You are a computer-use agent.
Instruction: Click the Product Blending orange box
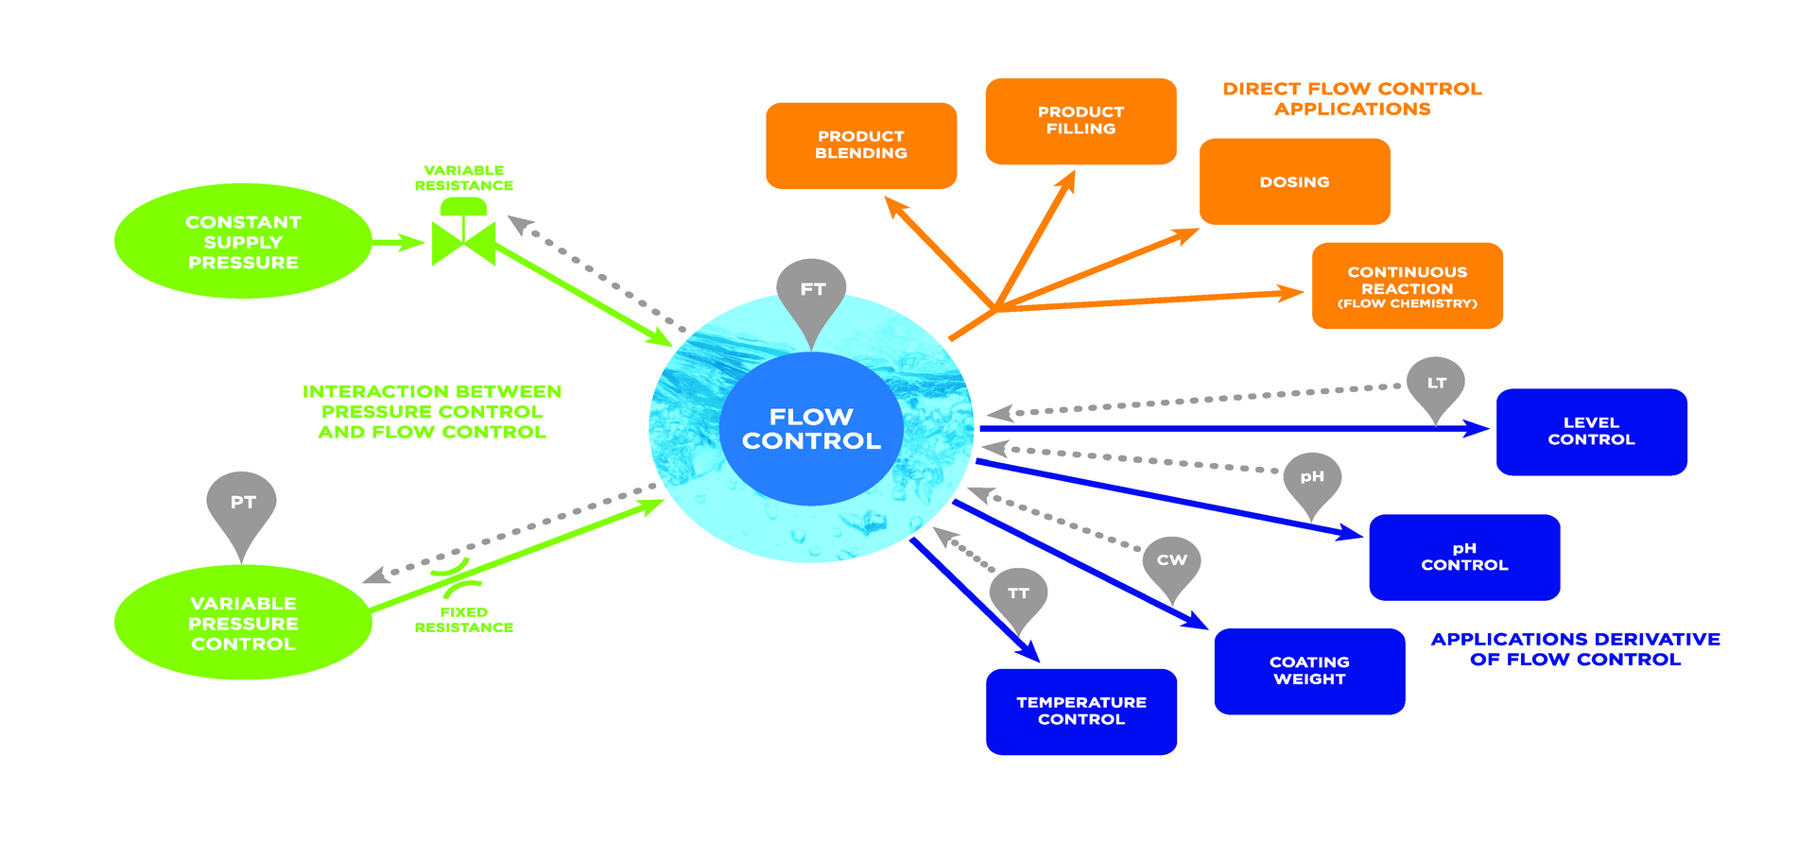(861, 146)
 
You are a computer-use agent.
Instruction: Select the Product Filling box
(1080, 121)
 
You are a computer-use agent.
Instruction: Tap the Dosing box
(1294, 181)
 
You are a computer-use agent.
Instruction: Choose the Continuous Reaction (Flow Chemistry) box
(1407, 285)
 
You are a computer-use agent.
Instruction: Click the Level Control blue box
(1591, 432)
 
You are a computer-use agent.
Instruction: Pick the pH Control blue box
(1464, 557)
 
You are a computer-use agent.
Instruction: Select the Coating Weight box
(1309, 671)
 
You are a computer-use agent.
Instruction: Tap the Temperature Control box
(1080, 712)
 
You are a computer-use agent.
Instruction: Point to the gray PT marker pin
(242, 505)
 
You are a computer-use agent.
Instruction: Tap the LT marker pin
(1436, 384)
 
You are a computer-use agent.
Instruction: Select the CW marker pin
(1171, 561)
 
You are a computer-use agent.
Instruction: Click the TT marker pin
(1018, 594)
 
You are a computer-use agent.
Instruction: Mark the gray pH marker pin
(1311, 478)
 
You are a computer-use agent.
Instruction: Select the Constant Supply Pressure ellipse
(243, 242)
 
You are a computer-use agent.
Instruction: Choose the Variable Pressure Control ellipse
(243, 623)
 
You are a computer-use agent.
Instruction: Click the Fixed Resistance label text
(463, 620)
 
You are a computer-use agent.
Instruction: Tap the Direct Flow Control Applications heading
(1352, 98)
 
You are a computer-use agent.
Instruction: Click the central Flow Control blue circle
(811, 429)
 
